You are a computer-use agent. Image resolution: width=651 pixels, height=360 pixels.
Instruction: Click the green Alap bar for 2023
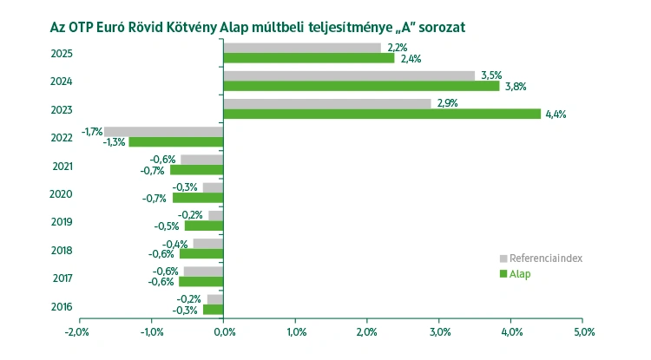[x=382, y=114]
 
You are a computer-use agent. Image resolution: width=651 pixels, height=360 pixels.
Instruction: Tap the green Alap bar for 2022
[x=176, y=141]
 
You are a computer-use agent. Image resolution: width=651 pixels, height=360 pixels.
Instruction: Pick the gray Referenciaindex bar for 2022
[x=164, y=132]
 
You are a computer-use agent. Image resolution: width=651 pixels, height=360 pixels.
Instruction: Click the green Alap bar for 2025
[x=308, y=58]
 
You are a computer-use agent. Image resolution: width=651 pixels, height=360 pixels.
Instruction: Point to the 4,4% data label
[x=556, y=114]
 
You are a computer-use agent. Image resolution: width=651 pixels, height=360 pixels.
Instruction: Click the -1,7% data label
[x=92, y=131]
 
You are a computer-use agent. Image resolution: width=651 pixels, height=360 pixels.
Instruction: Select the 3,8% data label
[x=515, y=86]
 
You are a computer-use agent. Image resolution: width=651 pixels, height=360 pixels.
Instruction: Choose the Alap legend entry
[x=519, y=274]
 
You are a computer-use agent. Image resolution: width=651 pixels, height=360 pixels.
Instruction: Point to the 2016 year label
[x=62, y=306]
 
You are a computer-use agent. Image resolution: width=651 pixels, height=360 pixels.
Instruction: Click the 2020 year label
[x=62, y=194]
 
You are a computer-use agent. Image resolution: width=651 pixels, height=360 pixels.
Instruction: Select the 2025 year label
[x=62, y=54]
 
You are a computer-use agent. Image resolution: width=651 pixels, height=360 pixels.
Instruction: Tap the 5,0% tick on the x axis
[x=583, y=332]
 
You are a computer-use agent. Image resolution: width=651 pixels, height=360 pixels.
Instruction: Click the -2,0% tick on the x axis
[x=78, y=332]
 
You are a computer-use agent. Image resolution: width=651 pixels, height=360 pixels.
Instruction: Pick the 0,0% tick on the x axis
[x=223, y=332]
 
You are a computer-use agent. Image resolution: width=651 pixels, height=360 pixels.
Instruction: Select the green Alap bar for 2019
[x=204, y=226]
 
